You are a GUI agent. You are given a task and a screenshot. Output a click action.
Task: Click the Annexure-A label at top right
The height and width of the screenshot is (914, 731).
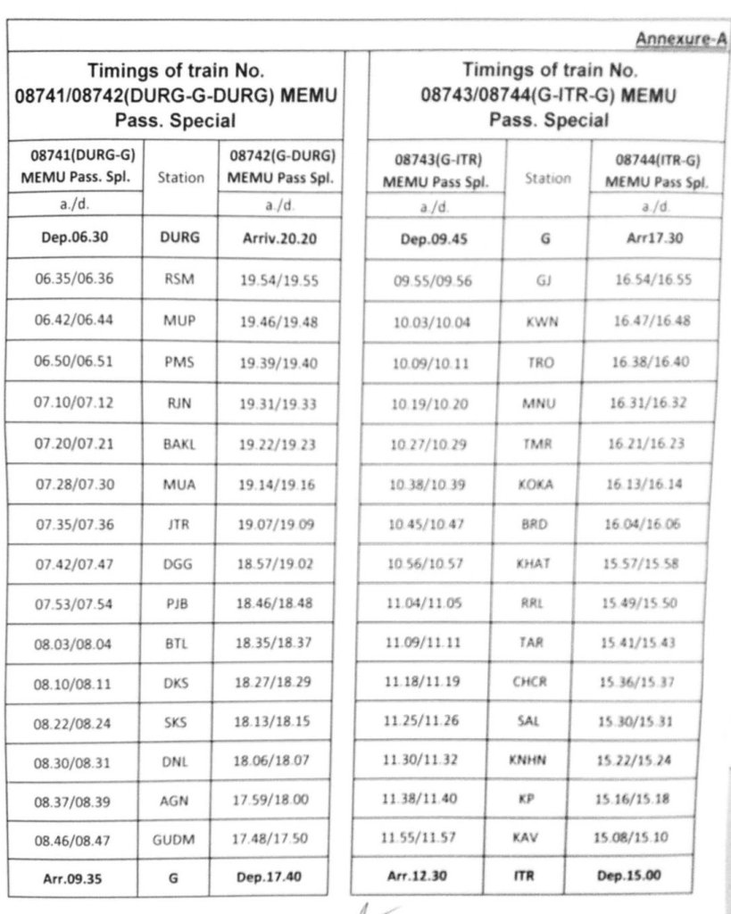(x=681, y=39)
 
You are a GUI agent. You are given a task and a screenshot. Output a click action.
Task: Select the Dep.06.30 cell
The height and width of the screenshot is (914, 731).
(x=75, y=238)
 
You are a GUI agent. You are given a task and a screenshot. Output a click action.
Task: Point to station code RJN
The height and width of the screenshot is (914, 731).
(x=175, y=403)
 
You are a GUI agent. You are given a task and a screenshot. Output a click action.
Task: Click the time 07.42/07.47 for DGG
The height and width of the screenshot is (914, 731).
(x=75, y=565)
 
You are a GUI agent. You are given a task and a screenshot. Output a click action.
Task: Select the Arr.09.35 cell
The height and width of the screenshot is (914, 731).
(x=73, y=878)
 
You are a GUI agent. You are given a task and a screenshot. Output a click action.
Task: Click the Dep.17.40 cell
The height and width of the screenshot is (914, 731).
(x=270, y=877)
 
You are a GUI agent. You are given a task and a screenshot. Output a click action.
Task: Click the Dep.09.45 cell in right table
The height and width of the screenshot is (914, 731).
(x=432, y=239)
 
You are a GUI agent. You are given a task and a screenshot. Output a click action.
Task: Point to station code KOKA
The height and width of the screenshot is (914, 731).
(x=536, y=484)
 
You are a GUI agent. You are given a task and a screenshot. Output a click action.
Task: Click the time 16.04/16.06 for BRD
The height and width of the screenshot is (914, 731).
(x=641, y=524)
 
